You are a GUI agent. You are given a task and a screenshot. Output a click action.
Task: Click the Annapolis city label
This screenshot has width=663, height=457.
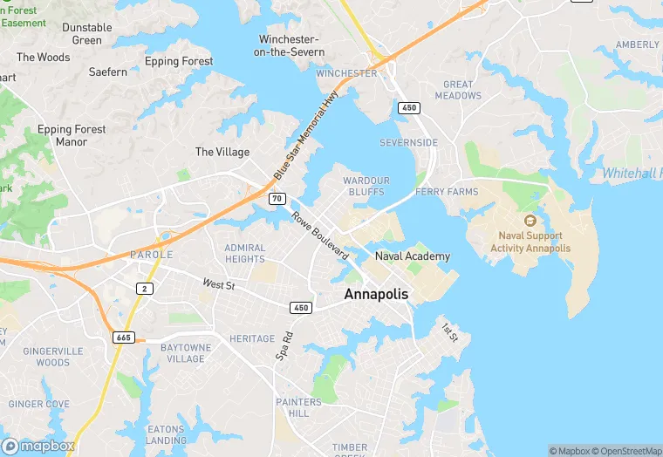(x=376, y=295)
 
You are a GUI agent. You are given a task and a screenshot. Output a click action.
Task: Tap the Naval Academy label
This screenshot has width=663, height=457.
(x=413, y=256)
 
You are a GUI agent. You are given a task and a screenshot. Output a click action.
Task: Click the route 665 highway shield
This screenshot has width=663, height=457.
(x=123, y=337)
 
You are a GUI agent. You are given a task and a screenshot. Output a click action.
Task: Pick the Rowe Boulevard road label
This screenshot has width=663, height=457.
(x=320, y=235)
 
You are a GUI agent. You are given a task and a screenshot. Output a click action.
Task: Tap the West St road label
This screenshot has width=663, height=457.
(x=219, y=284)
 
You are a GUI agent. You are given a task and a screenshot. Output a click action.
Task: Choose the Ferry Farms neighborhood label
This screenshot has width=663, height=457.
(x=447, y=192)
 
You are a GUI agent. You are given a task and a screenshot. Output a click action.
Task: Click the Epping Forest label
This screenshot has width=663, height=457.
(x=179, y=61)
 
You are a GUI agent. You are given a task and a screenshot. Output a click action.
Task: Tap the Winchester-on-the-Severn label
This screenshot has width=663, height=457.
(x=291, y=45)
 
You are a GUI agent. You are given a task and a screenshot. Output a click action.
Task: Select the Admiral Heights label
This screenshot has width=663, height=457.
(x=245, y=253)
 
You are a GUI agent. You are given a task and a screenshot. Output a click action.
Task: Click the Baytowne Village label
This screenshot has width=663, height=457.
(x=186, y=353)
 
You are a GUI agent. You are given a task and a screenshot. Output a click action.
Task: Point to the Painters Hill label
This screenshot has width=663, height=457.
(x=298, y=407)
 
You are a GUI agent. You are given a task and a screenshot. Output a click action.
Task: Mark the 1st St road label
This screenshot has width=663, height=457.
(x=449, y=332)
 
